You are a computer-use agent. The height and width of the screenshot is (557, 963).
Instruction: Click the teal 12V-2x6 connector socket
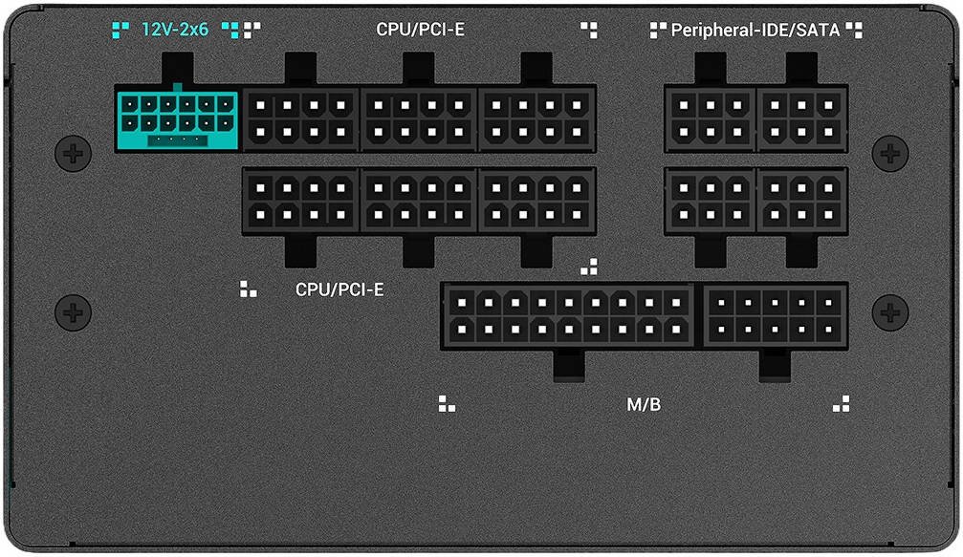(178, 119)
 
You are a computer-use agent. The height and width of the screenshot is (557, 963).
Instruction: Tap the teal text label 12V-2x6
(175, 29)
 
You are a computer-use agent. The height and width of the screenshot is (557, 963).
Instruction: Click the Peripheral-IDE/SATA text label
(755, 30)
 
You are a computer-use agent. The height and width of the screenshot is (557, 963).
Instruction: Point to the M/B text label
(644, 405)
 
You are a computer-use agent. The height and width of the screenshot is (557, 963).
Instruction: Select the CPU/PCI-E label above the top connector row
(421, 29)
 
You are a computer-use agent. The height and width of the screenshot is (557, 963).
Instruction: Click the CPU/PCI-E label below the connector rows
(339, 289)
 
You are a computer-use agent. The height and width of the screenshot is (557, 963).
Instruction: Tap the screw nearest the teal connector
(73, 153)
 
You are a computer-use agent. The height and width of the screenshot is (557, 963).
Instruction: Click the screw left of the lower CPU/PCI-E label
(73, 312)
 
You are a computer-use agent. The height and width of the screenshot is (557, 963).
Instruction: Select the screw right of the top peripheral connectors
(890, 153)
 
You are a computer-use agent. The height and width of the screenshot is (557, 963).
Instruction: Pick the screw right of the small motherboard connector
(890, 312)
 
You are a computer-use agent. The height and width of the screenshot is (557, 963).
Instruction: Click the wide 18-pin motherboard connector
(569, 316)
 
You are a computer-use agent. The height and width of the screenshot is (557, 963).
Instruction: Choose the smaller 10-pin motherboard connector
(775, 316)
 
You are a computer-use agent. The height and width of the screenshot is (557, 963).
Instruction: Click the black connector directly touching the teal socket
(301, 118)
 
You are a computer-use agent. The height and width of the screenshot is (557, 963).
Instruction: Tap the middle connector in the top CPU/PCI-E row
(419, 118)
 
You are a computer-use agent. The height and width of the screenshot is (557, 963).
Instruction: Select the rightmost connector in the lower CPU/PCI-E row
(536, 201)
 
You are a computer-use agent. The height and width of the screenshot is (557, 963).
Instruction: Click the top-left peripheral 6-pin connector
(711, 118)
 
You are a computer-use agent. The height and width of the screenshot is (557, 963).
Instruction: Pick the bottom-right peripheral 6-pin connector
(802, 201)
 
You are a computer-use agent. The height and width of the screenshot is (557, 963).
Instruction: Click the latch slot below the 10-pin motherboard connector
(775, 366)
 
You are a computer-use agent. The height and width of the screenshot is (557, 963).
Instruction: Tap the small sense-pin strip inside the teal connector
(178, 140)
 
